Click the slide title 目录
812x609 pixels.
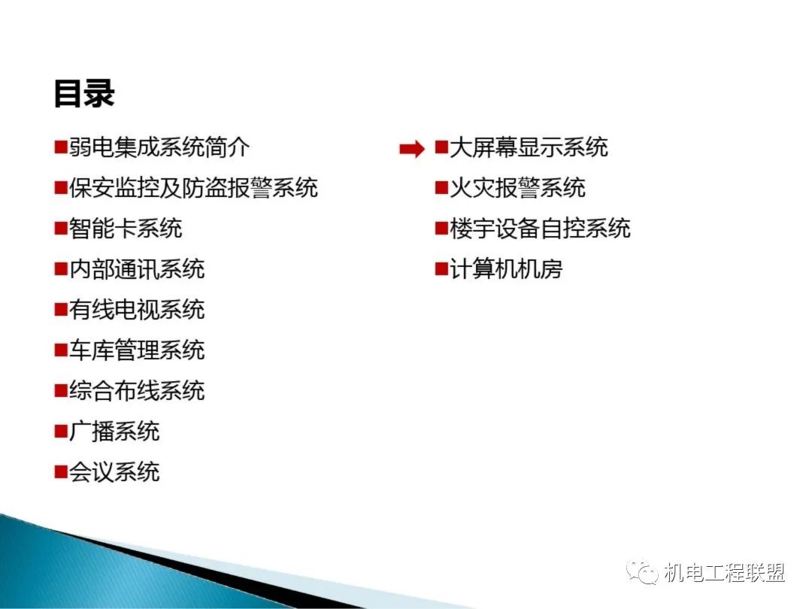(x=84, y=94)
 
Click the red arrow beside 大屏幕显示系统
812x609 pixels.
(x=412, y=149)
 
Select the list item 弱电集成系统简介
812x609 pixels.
(x=159, y=147)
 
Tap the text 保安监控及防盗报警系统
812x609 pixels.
(x=193, y=187)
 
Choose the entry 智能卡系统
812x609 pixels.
(x=126, y=229)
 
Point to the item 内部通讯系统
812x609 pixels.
(x=138, y=268)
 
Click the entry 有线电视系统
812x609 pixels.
(x=138, y=309)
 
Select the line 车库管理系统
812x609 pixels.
(x=138, y=350)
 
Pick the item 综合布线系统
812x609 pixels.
(x=138, y=390)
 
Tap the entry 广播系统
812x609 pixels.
(x=114, y=432)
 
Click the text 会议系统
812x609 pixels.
(x=114, y=471)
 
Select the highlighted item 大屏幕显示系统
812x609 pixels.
(x=529, y=147)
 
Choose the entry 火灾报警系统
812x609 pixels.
(x=517, y=187)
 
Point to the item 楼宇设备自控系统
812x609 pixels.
(x=540, y=229)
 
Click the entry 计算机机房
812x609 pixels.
(x=506, y=268)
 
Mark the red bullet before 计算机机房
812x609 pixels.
(x=442, y=269)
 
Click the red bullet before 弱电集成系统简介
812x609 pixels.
(x=61, y=147)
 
